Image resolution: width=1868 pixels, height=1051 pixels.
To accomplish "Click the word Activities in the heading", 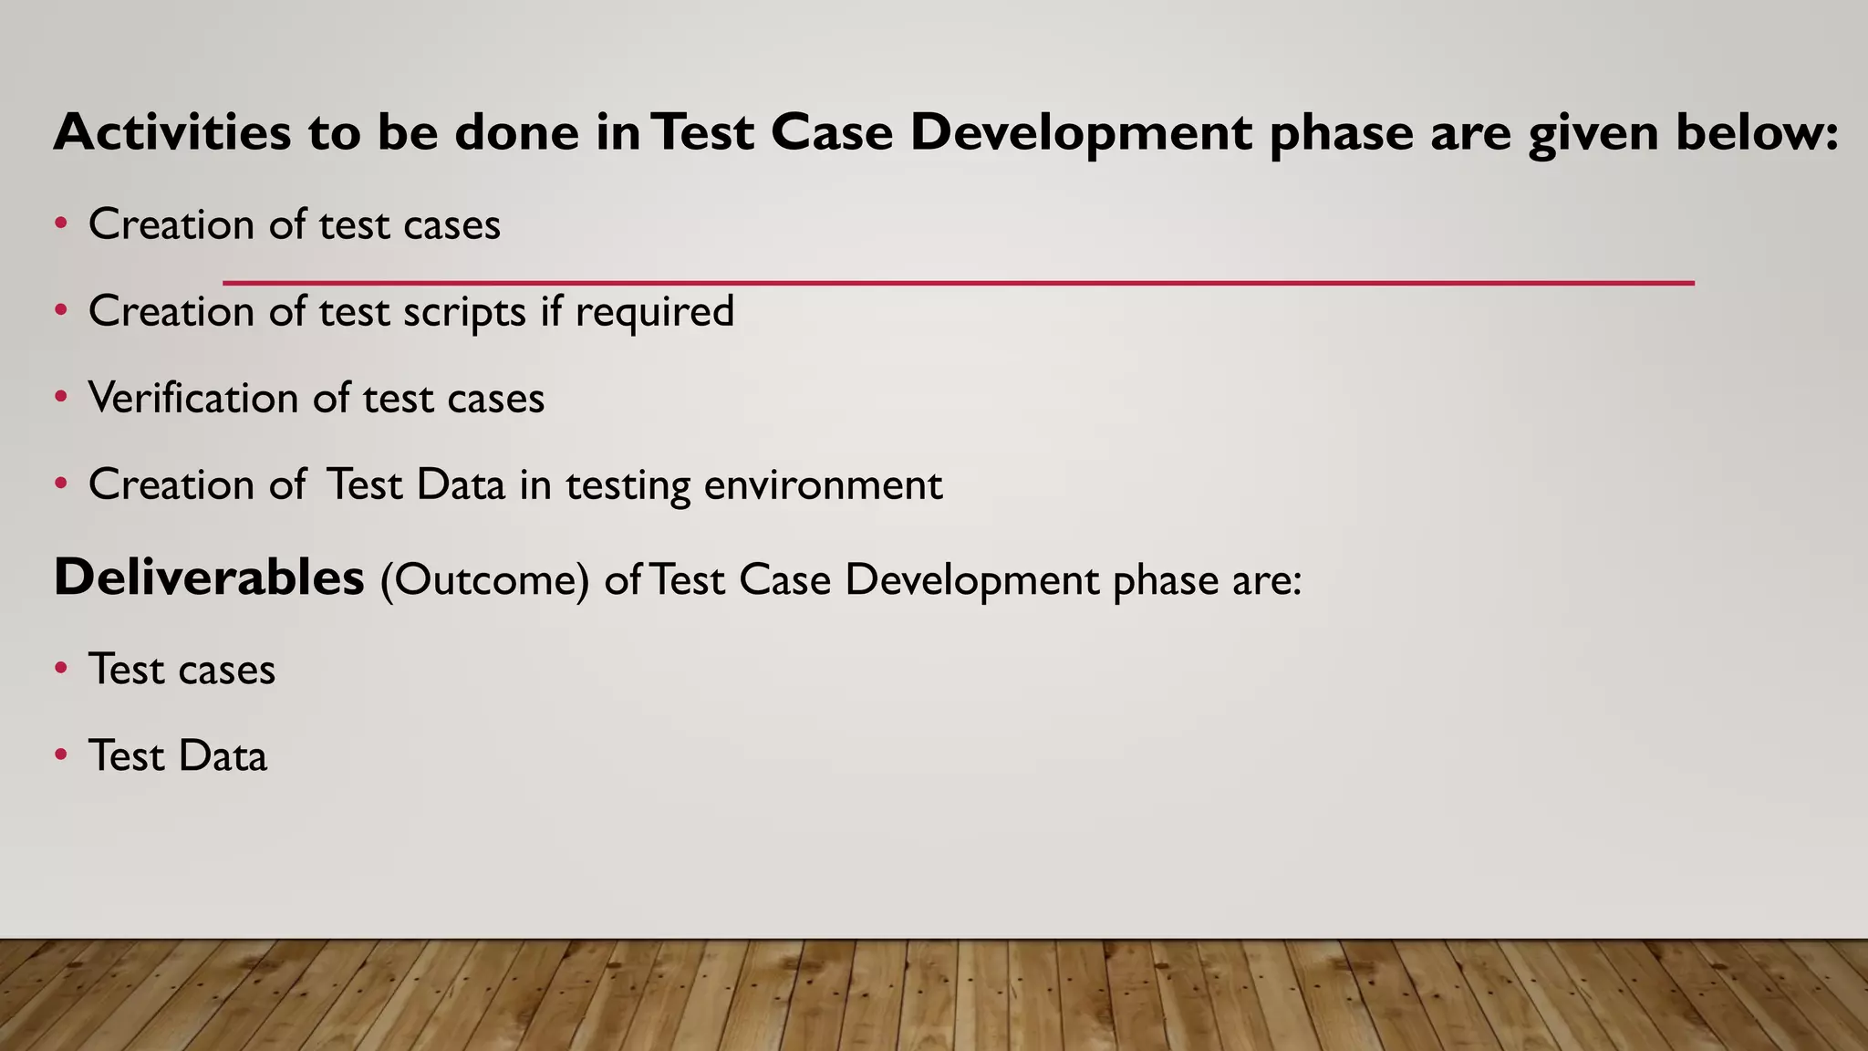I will pos(172,131).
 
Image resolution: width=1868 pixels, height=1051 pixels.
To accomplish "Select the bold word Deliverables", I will pos(209,578).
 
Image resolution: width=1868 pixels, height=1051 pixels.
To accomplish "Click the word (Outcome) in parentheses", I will pos(484,580).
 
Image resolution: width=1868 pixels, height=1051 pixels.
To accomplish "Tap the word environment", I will pos(823,484).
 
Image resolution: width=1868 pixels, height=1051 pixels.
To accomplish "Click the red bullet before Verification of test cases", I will pos(61,397).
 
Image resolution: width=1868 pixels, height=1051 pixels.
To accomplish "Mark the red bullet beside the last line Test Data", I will pos(61,754).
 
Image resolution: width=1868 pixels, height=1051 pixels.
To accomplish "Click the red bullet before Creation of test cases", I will pos(61,224).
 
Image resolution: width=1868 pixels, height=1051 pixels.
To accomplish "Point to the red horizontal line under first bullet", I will pos(958,283).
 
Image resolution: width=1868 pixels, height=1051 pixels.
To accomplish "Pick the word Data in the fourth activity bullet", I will pos(460,484).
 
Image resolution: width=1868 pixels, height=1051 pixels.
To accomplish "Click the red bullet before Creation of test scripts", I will pos(61,310).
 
